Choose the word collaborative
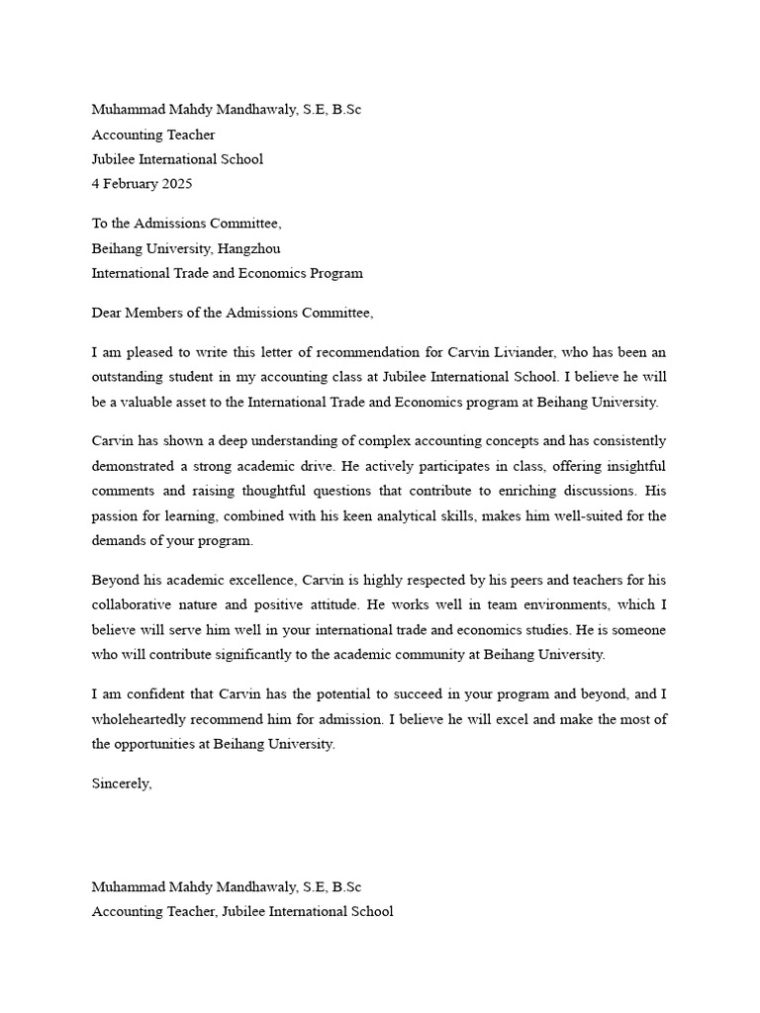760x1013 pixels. [137, 605]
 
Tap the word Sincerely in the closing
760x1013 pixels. [122, 783]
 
